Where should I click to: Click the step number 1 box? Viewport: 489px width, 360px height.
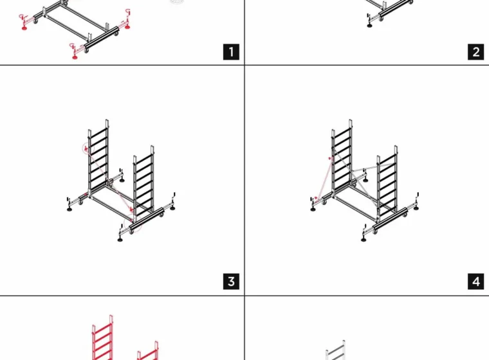[231, 51]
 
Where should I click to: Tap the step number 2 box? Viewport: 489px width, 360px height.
[476, 51]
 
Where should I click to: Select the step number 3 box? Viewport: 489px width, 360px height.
[231, 282]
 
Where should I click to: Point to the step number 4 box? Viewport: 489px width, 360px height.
[476, 282]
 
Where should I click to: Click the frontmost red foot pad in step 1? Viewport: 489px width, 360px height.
[75, 57]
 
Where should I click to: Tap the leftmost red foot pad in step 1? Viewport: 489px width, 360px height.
[24, 28]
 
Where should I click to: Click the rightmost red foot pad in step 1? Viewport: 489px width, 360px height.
[127, 28]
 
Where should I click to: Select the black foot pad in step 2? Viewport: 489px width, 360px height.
[369, 26]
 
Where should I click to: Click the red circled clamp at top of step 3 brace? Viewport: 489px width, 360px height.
[86, 149]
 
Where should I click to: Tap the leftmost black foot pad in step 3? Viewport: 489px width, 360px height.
[69, 209]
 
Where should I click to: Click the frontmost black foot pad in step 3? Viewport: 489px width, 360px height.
[120, 240]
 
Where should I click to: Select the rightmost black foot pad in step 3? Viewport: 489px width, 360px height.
[173, 208]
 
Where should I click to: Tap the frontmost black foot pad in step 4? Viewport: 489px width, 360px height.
[364, 240]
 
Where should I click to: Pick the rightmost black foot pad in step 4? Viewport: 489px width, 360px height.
[416, 208]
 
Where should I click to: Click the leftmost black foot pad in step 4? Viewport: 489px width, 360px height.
[313, 209]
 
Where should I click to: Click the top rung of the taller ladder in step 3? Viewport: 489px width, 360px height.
[98, 130]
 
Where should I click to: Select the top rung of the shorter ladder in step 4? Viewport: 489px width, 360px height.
[387, 160]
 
